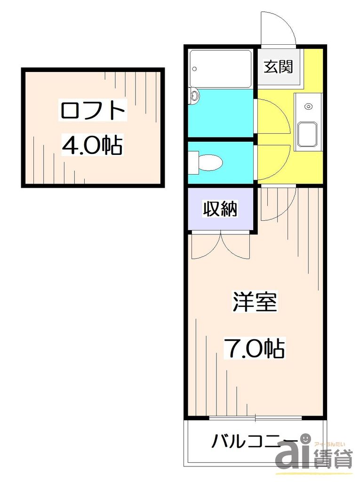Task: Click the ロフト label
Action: [x=93, y=111]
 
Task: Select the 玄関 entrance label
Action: [x=278, y=67]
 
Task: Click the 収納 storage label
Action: [x=220, y=209]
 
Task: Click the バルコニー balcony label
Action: [x=254, y=441]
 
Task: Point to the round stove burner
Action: [x=308, y=106]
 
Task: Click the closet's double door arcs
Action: [x=220, y=246]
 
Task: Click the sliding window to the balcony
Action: [x=255, y=418]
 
